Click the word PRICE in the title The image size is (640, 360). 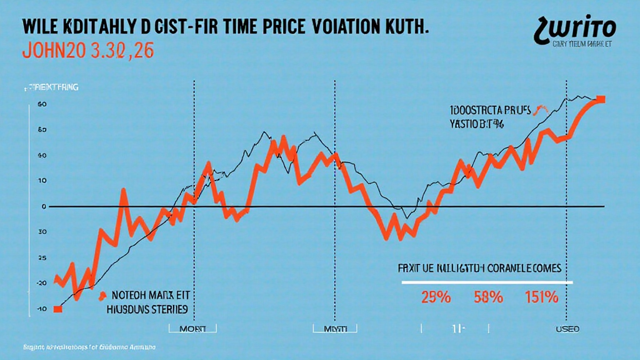[x=273, y=29]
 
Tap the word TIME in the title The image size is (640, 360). [x=216, y=29]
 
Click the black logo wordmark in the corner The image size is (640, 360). [x=574, y=27]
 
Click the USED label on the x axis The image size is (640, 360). [x=567, y=329]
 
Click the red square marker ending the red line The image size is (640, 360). [x=601, y=99]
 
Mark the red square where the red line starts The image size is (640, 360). [x=57, y=309]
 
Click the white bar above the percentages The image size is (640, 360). [x=487, y=282]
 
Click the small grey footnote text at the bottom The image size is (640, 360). [x=81, y=346]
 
